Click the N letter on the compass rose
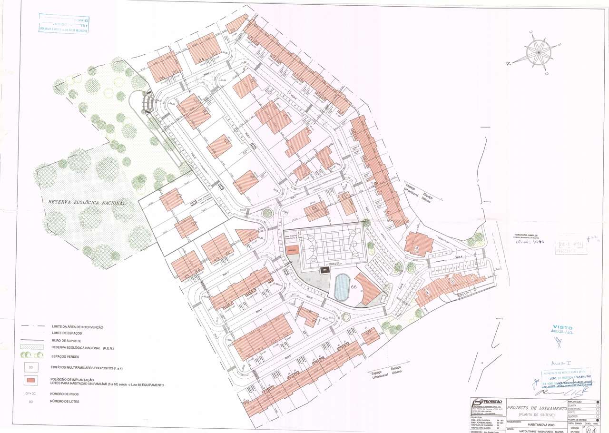coord(509,63)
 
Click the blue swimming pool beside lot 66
coord(341,287)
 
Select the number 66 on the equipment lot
coord(354,287)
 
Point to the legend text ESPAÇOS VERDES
coord(66,356)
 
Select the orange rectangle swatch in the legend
coord(31,380)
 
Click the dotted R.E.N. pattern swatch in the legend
coord(31,347)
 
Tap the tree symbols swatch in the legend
coord(31,355)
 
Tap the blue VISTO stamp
coord(563,328)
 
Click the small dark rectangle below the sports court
coord(325,270)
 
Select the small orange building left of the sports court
coord(292,250)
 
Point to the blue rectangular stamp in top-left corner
coord(64,24)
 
